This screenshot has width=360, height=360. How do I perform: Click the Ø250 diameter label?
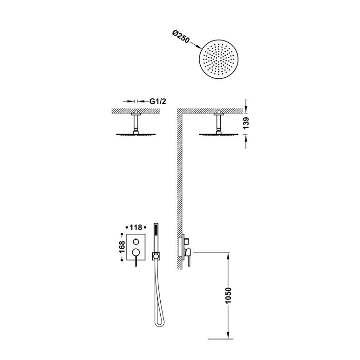coord(181,37)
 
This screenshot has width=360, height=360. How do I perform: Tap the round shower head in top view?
coord(218,60)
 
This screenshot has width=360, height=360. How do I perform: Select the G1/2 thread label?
coord(157,101)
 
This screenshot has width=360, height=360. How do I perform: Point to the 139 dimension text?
coord(245,123)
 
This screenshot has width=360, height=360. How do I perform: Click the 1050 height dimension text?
coord(228,295)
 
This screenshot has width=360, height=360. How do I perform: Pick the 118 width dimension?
coord(136,228)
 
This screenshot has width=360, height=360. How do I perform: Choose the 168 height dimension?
coord(122,247)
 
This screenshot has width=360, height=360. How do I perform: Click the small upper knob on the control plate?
coord(136,241)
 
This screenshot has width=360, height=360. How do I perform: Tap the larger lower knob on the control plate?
coord(136,252)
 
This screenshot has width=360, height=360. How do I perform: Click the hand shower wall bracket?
coord(156,256)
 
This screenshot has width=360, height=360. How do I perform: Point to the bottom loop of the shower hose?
coord(159,324)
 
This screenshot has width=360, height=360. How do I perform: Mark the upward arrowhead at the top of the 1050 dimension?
coord(228,255)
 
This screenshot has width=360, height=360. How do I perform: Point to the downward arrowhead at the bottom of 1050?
coord(228,335)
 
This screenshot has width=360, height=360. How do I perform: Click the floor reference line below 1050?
coord(220,339)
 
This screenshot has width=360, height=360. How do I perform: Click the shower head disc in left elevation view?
coord(136,134)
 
